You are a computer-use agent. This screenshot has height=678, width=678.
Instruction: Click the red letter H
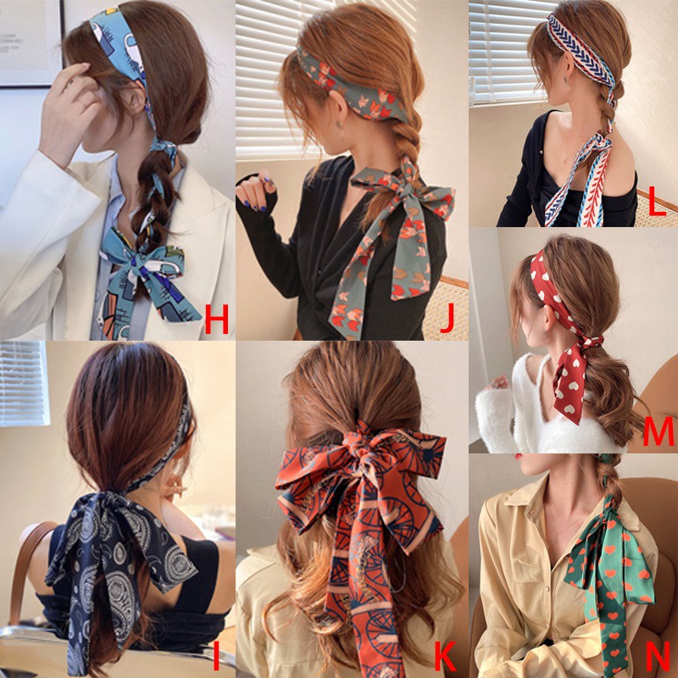pyautogui.click(x=216, y=320)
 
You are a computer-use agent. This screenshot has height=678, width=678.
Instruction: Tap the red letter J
pyautogui.click(x=448, y=319)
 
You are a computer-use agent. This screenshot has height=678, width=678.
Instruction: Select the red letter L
pyautogui.click(x=657, y=203)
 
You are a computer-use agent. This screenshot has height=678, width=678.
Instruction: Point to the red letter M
pyautogui.click(x=659, y=431)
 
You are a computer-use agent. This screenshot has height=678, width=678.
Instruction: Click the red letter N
pyautogui.click(x=659, y=656)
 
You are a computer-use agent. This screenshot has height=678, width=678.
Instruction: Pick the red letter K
pyautogui.click(x=445, y=656)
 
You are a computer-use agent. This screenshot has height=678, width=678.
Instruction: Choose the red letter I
pyautogui.click(x=216, y=656)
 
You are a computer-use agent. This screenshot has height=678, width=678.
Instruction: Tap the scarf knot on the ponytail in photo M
pyautogui.click(x=592, y=342)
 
